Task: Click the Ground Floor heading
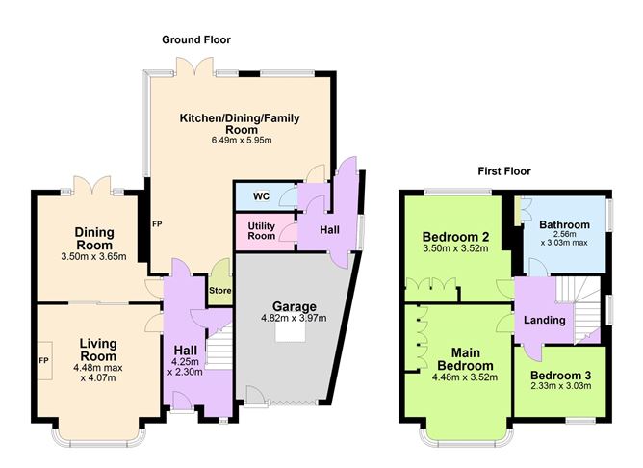pos(196,39)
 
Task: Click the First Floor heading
pos(504,171)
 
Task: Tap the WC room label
pos(261,196)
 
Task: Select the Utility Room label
pos(261,231)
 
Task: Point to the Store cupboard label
pos(220,291)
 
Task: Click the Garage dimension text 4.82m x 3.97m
pos(294,318)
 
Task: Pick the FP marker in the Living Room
pos(43,360)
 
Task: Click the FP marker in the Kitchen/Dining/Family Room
pos(157,224)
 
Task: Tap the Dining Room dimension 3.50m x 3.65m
pos(94,257)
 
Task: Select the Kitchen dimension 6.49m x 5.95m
pos(242,141)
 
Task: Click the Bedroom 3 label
pos(560,376)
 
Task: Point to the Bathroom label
pos(564,224)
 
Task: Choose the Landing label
pos(545,320)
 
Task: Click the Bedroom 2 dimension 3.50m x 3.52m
pos(455,248)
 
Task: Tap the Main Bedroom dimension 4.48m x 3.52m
pos(465,377)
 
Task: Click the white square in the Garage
pos(291,332)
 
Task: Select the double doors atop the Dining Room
pos(91,186)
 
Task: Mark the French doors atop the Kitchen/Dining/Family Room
pos(194,66)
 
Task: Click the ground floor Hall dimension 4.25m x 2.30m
pos(185,367)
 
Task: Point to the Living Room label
pos(98,350)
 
